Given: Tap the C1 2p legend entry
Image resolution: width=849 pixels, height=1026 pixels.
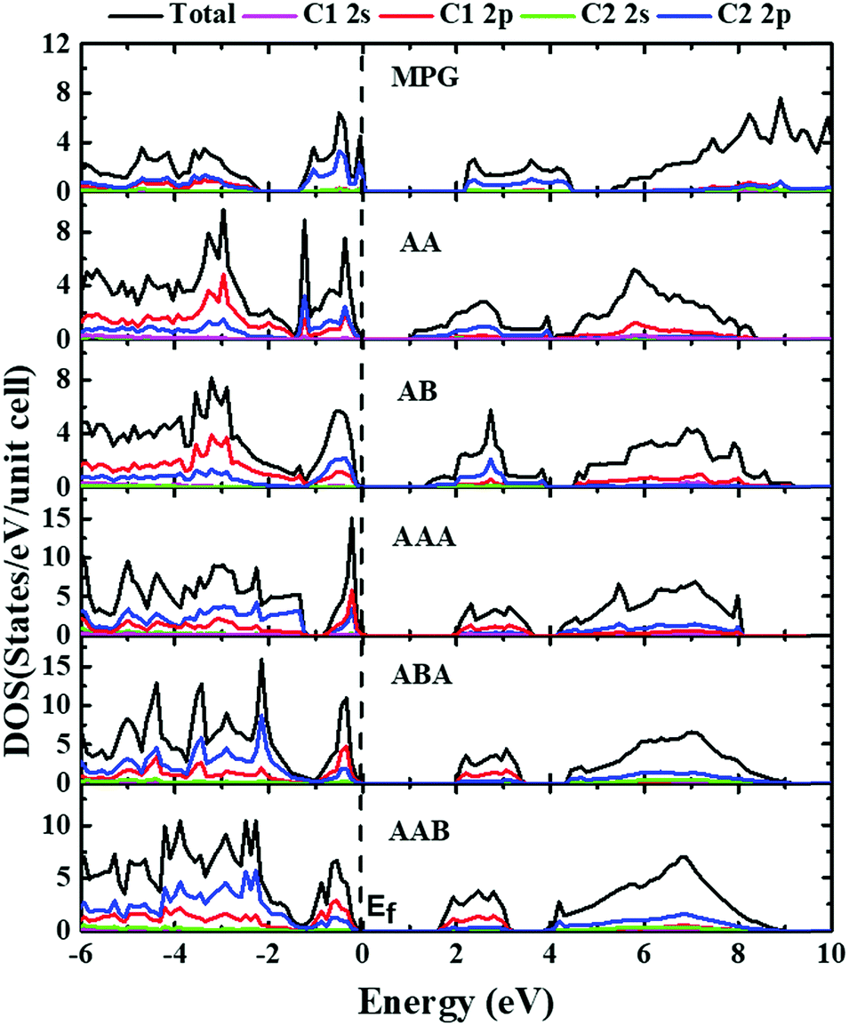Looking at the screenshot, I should [496, 14].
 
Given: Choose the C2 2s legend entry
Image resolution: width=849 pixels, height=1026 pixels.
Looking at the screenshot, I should [637, 14].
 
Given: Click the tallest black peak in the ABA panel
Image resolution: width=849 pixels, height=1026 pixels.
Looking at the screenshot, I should [261, 660].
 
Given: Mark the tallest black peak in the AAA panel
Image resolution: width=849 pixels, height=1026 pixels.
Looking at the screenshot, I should [352, 518].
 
